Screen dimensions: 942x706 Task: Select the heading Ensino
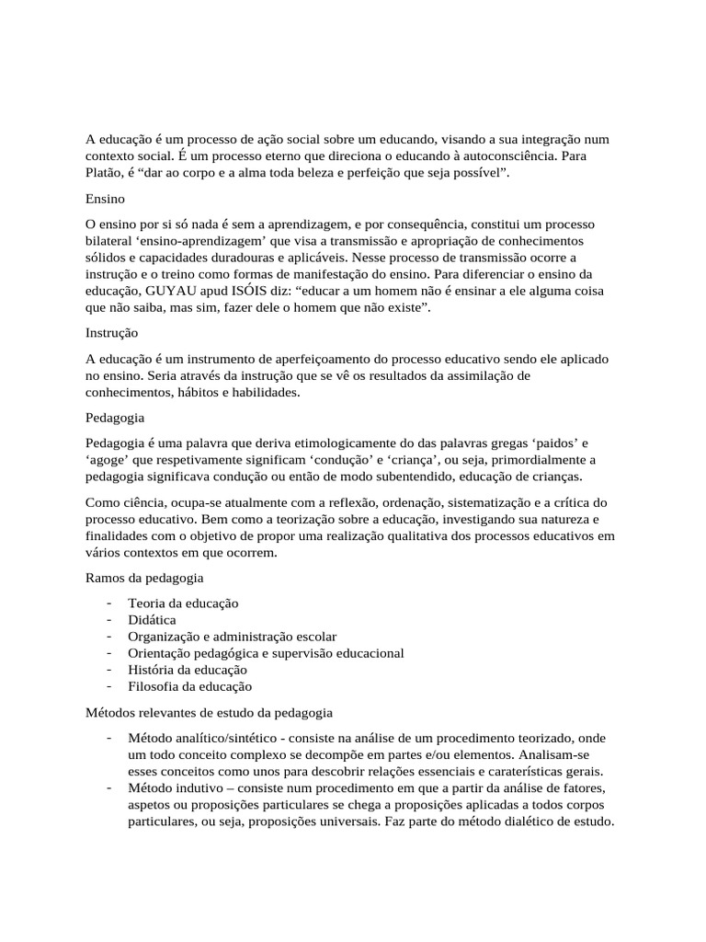tap(106, 198)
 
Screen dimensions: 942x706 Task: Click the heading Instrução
tap(111, 332)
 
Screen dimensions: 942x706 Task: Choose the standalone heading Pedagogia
tap(115, 417)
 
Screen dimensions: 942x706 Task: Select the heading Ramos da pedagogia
tap(144, 578)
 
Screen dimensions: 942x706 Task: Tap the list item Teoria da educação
tap(183, 603)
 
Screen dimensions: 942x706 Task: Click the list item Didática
tap(152, 619)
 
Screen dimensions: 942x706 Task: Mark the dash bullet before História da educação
tap(108, 669)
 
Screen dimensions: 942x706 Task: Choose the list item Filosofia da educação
tap(189, 685)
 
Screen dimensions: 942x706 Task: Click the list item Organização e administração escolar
tap(232, 636)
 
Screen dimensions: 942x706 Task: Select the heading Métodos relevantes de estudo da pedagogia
tap(209, 712)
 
